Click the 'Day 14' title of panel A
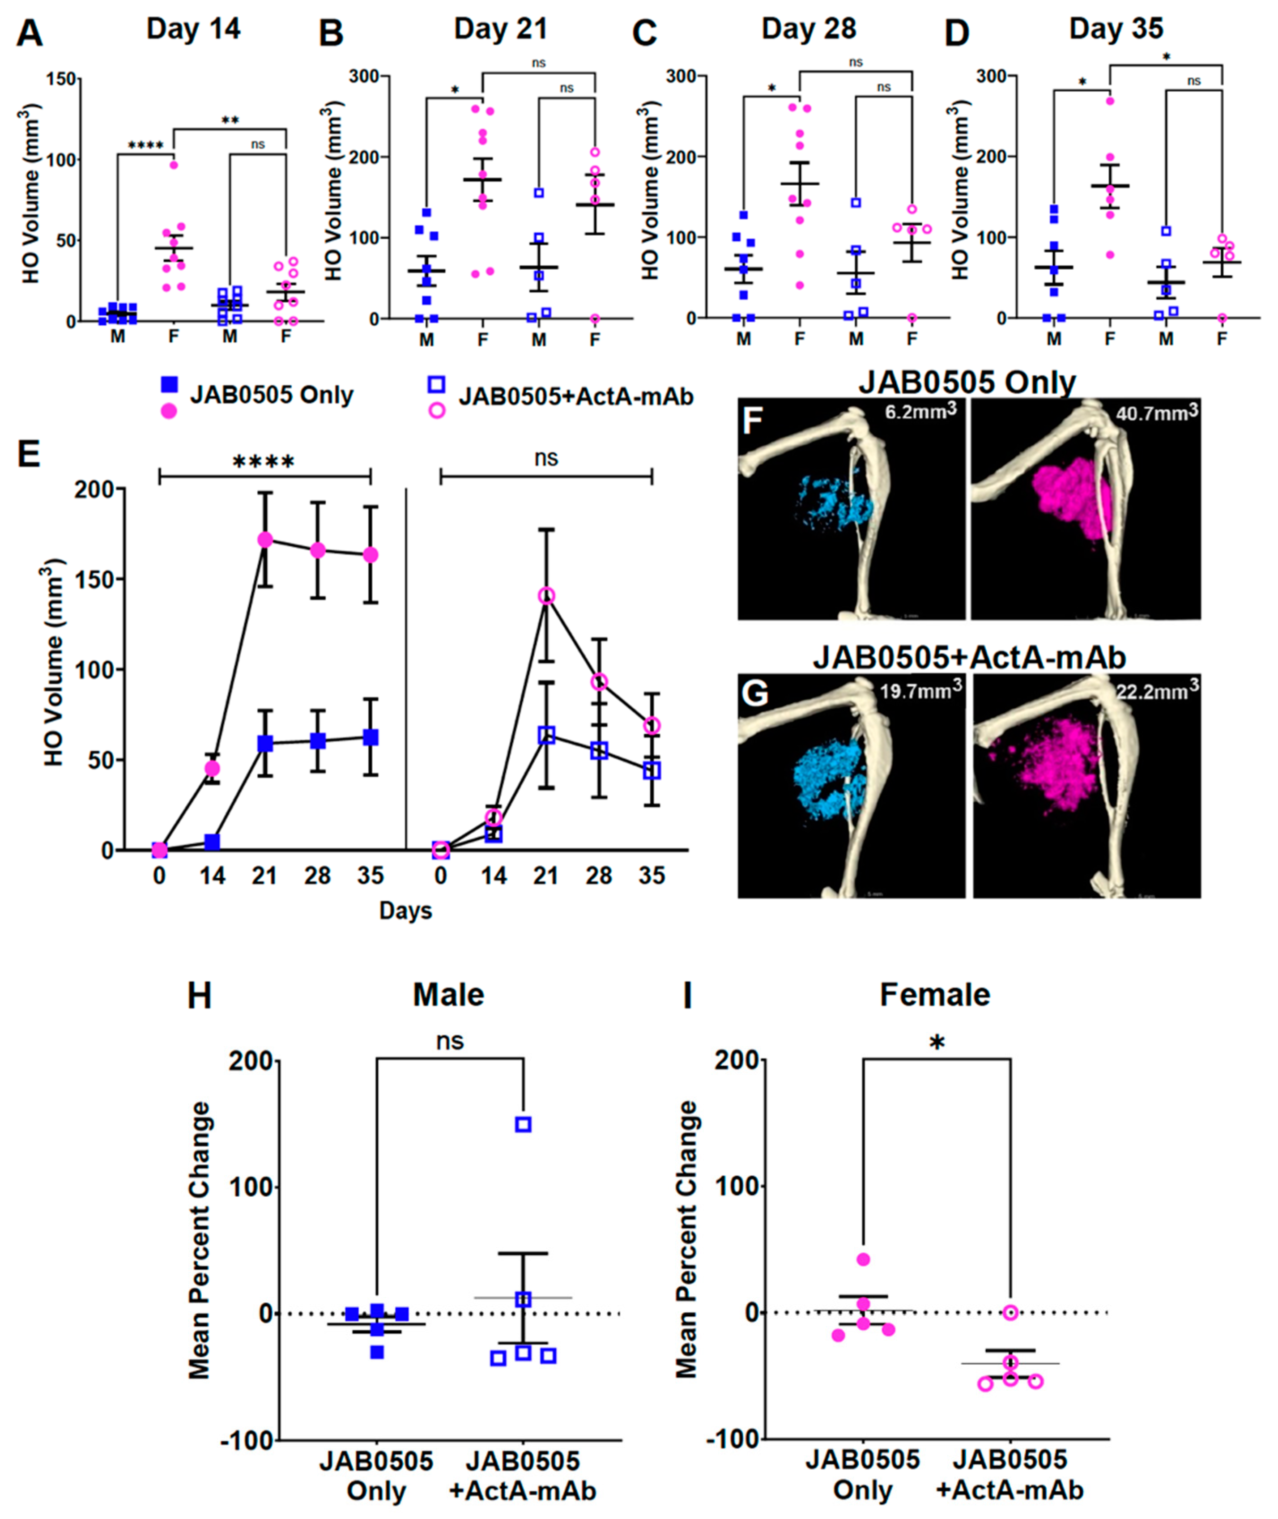(193, 29)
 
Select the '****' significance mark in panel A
(145, 145)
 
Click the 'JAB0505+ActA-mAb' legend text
(576, 396)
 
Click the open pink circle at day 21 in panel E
(546, 596)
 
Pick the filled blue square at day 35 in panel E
(370, 737)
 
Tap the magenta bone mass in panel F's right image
(1069, 496)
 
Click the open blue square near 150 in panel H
(523, 1124)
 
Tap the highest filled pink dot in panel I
(863, 1259)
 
